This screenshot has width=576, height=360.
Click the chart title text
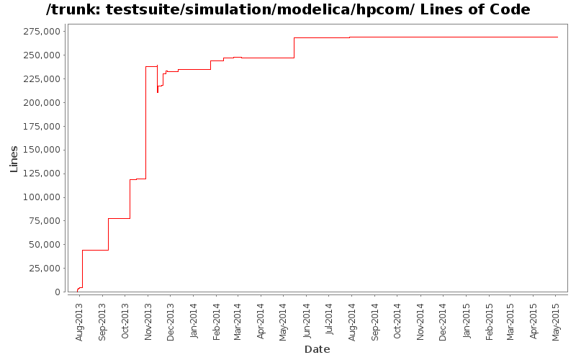288,10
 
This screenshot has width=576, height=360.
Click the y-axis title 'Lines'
14,158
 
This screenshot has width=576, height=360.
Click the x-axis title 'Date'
317,349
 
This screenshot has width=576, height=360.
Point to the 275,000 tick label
40,32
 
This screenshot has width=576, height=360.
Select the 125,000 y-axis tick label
40,174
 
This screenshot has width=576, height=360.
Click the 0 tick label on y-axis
58,292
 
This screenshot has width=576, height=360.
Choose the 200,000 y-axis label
40,103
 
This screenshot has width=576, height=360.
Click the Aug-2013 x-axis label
79,321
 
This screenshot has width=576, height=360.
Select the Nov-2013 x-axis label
148,321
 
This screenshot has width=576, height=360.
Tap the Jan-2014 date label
194,321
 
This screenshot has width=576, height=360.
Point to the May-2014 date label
284,321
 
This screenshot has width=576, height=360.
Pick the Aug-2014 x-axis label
352,321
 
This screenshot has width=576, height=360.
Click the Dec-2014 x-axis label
443,321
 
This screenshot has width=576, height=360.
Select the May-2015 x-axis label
556,321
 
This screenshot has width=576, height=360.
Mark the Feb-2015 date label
489,321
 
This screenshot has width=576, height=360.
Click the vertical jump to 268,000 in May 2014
294,48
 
